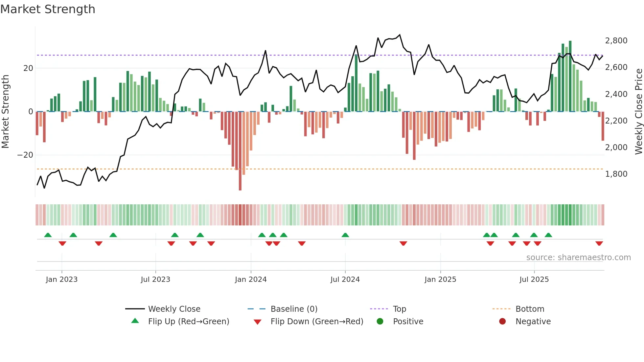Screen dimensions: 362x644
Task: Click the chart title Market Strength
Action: [48, 9]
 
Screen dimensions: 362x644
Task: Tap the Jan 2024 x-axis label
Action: [251, 280]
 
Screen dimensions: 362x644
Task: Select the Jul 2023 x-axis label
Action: [155, 280]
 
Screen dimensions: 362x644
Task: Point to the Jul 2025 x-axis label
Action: [534, 280]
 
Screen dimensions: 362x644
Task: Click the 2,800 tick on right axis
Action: [616, 41]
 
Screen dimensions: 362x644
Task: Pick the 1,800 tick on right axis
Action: [616, 174]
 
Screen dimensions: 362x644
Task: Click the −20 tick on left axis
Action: [25, 155]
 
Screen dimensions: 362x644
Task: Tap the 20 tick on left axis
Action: [28, 68]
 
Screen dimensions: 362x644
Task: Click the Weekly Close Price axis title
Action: [638, 112]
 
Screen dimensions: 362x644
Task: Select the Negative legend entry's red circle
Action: [502, 322]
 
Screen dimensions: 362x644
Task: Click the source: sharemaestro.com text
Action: [578, 258]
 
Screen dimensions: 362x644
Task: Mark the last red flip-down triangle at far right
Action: [599, 243]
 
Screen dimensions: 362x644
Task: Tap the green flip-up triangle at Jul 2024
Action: [345, 235]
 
